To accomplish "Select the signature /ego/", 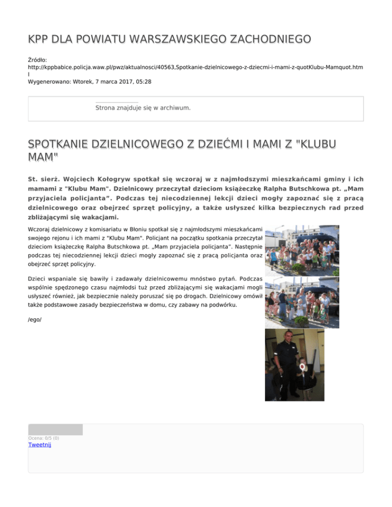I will tap(35, 319).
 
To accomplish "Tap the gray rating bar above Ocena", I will tap(55, 429).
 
